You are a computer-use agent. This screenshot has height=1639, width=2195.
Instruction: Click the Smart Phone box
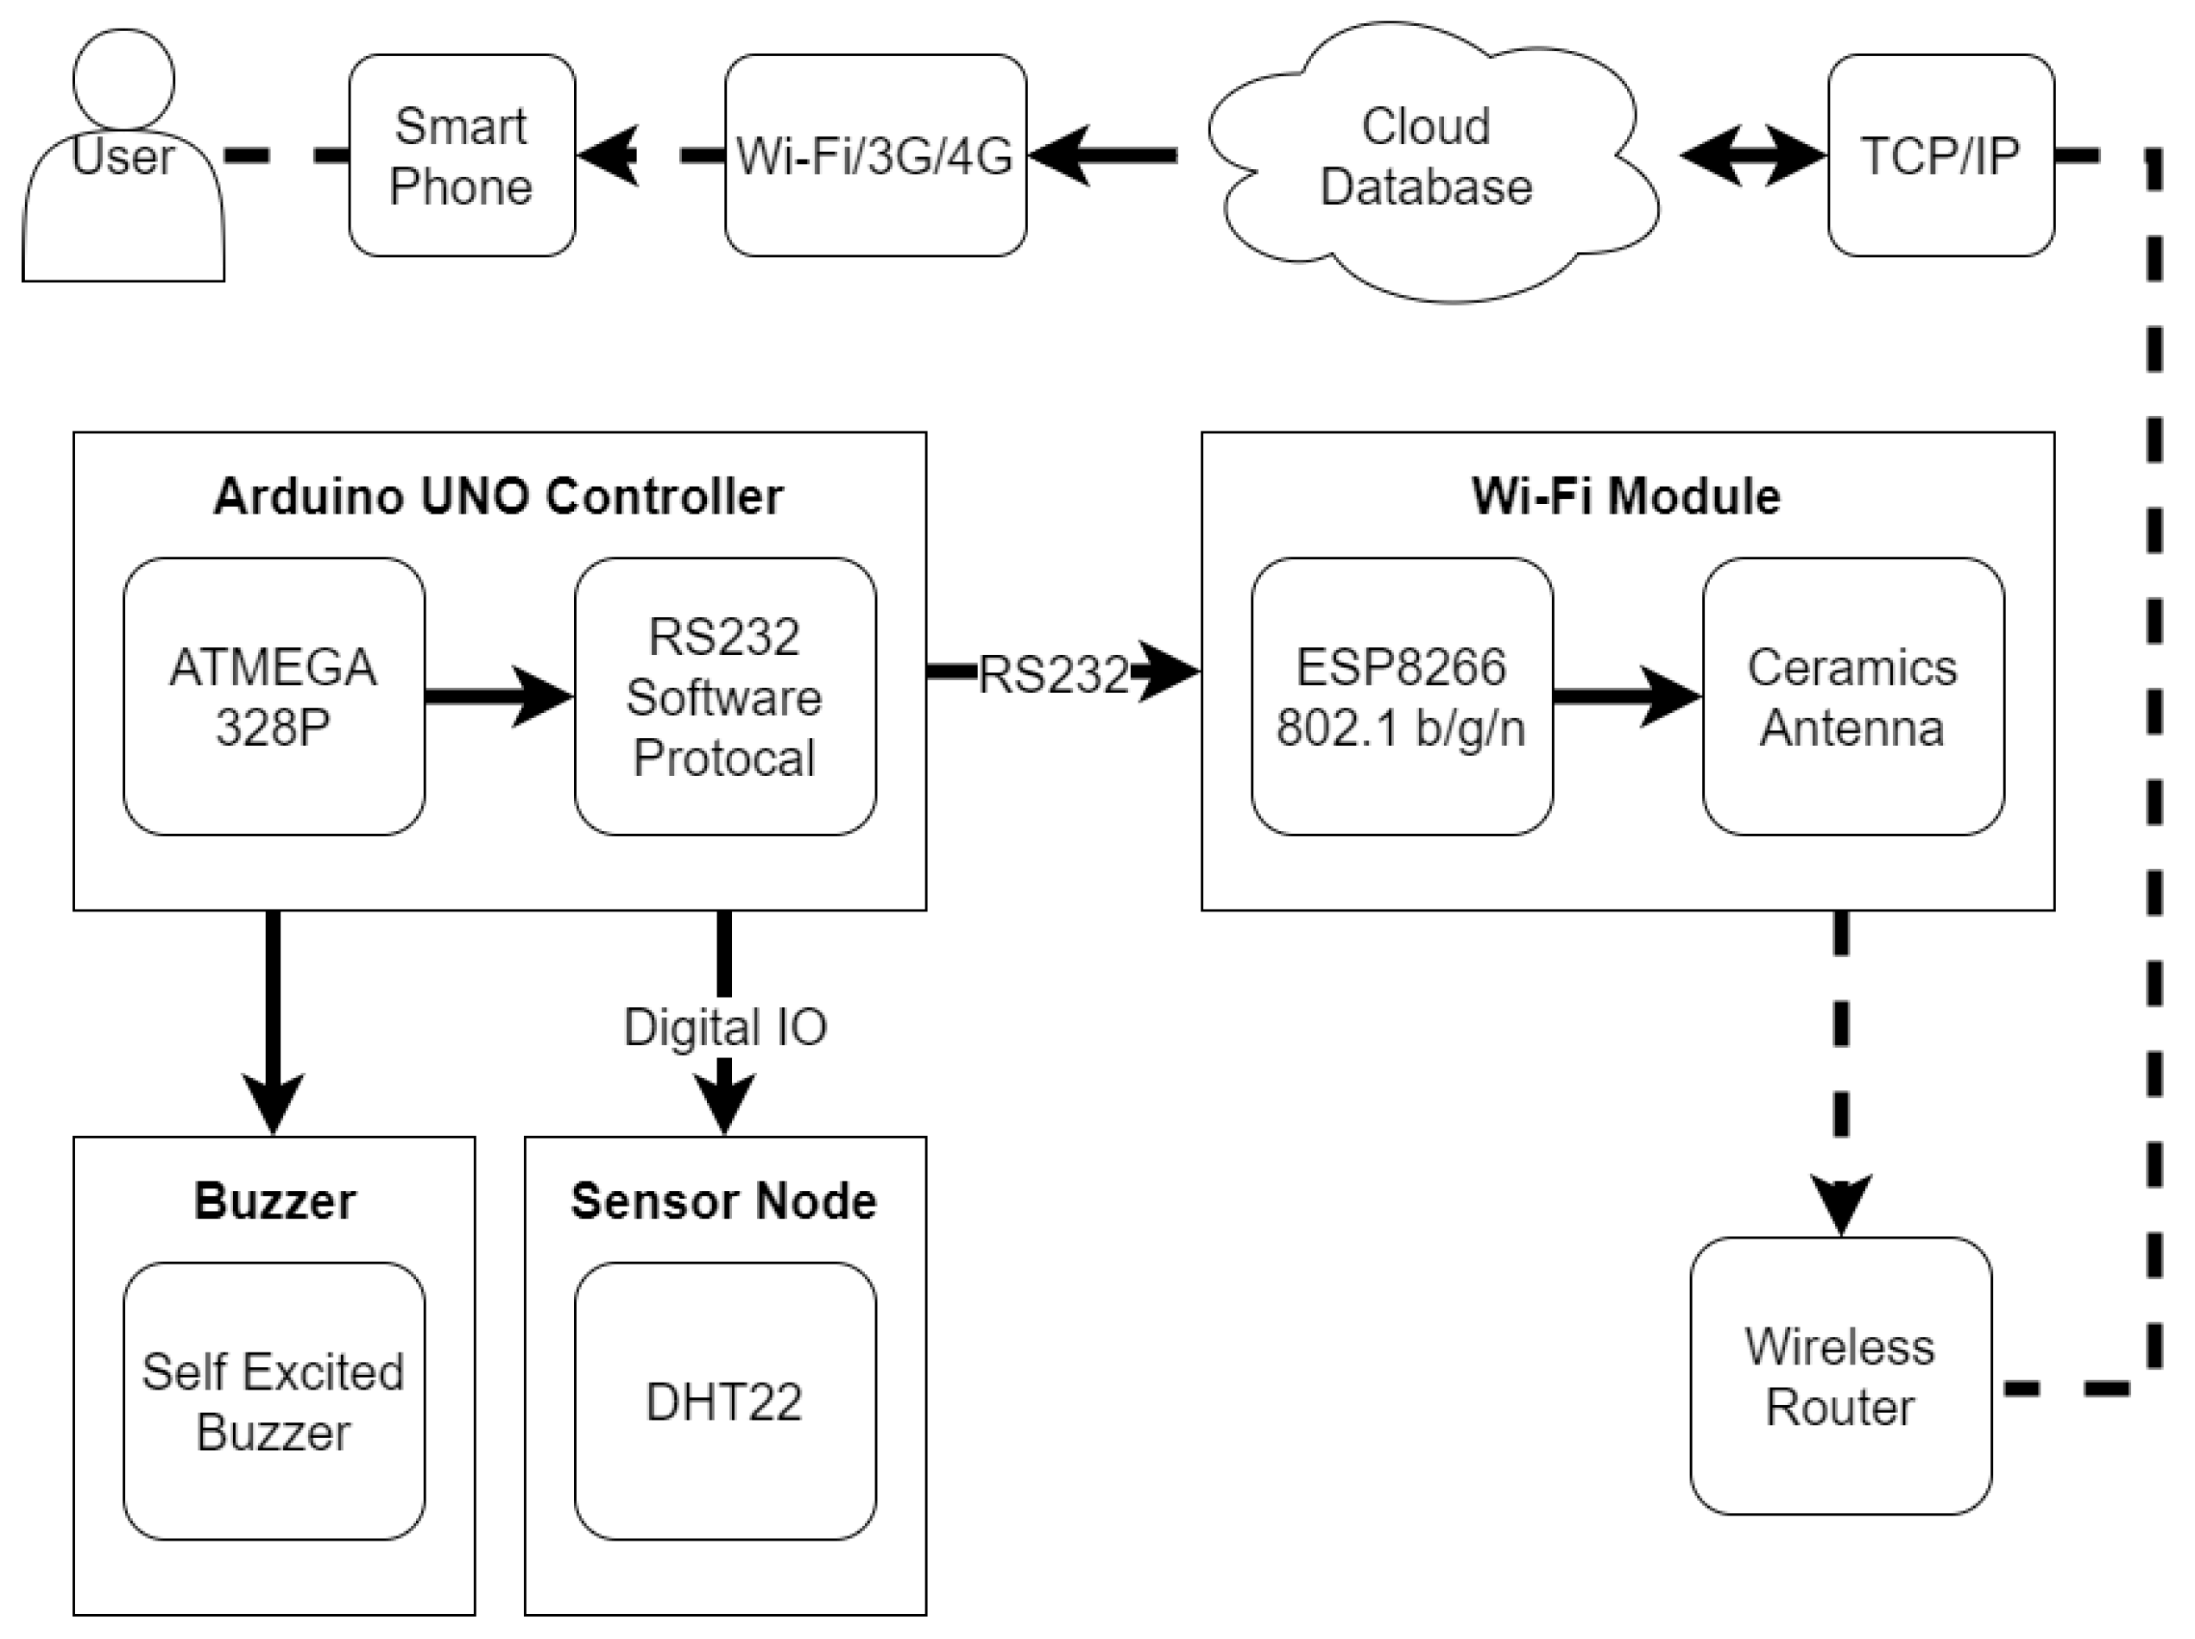[462, 155]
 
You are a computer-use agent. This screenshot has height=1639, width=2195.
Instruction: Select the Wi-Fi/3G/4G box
[874, 155]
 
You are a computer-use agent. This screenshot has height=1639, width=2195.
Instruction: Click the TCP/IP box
[1940, 155]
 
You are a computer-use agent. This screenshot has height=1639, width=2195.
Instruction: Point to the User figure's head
[123, 78]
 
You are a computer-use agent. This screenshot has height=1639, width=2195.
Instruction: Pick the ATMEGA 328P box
[274, 697]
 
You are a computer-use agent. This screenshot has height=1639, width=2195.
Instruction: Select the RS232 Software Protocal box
[724, 697]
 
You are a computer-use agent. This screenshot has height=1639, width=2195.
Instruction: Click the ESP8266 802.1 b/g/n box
[1401, 697]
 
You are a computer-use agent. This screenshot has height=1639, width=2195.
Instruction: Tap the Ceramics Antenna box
[1852, 697]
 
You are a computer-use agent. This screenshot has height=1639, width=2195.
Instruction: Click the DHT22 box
[724, 1401]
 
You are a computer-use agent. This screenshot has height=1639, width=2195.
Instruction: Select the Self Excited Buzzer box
[274, 1401]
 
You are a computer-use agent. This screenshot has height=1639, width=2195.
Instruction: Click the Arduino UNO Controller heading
[498, 496]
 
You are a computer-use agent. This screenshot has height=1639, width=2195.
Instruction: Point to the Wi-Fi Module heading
[1625, 496]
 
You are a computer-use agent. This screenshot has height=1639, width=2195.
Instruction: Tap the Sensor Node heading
[724, 1201]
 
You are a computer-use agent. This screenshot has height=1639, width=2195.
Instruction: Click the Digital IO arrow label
[724, 1027]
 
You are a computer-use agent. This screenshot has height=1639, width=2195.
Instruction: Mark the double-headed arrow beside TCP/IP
[1752, 155]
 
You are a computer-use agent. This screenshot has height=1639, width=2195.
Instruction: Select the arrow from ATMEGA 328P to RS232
[498, 697]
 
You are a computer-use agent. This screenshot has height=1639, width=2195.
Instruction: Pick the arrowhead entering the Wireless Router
[1841, 1202]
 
